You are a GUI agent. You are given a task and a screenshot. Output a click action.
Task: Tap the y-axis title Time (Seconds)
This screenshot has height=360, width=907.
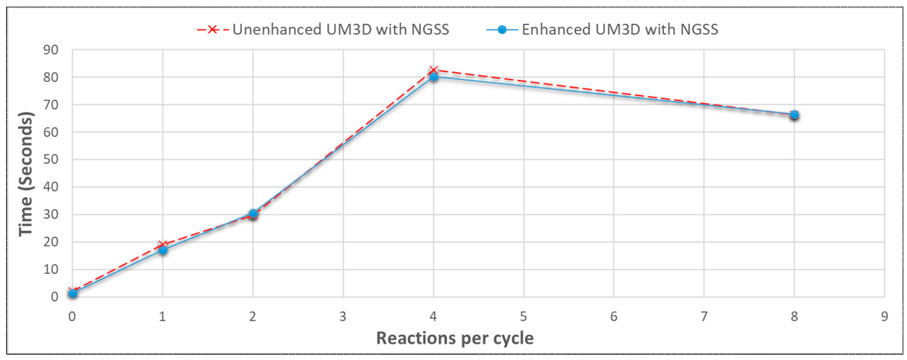tap(26, 174)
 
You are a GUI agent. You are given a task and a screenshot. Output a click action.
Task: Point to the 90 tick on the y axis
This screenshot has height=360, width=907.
tap(51, 50)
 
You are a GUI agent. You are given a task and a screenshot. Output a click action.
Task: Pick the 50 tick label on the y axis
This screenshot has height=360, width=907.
tap(51, 160)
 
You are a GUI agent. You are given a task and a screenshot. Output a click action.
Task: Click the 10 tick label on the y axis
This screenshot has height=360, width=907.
tap(51, 270)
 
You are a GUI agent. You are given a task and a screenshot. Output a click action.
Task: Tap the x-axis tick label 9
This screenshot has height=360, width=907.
tap(884, 317)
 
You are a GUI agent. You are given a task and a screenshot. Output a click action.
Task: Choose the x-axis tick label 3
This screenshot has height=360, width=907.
tap(343, 317)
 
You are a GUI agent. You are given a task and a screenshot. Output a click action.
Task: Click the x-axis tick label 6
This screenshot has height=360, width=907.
tap(614, 317)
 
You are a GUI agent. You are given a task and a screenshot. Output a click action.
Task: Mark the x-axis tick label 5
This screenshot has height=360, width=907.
tap(523, 317)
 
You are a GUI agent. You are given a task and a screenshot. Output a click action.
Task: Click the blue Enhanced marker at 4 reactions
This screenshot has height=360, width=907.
tap(434, 76)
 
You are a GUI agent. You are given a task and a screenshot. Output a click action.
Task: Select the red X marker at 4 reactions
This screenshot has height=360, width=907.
tap(434, 70)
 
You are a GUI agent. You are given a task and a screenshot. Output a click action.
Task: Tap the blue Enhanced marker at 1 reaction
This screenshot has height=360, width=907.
tap(163, 250)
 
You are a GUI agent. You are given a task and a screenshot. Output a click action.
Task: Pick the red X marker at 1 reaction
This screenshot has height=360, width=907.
tap(163, 244)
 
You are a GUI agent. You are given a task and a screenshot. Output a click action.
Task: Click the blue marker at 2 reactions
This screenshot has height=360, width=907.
tap(253, 213)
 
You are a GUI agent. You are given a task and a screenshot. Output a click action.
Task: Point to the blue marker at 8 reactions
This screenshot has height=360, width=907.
tap(794, 115)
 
